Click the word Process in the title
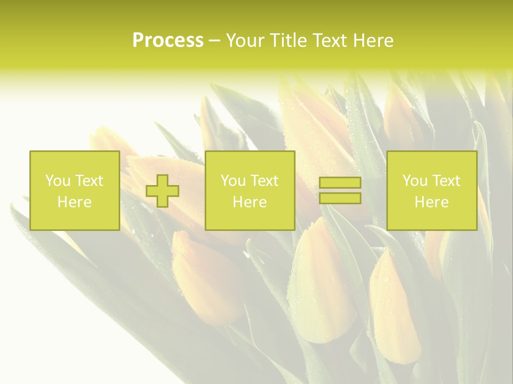tap(168, 41)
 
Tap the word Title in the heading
tap(289, 41)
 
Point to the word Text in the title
tap(328, 41)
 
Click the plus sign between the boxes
tap(162, 191)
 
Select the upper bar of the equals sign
tap(340, 183)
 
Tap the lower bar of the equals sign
tap(340, 198)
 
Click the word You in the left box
tap(57, 181)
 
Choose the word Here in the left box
tap(74, 202)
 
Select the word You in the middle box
tap(232, 181)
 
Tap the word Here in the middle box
tap(250, 202)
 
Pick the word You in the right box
tap(414, 181)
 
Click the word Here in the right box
tap(431, 202)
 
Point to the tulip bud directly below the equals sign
tap(321, 277)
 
